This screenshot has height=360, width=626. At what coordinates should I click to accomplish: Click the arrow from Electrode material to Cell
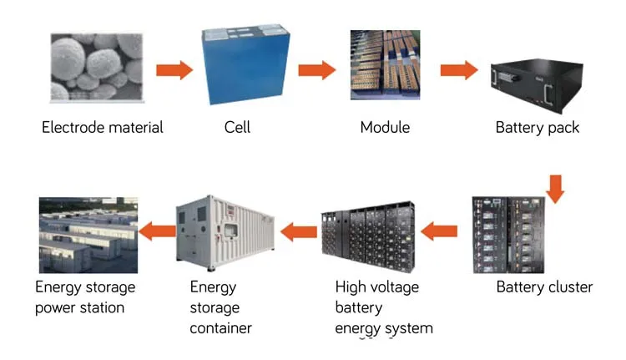pyautogui.click(x=174, y=69)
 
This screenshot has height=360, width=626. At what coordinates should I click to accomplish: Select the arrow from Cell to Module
pyautogui.click(x=316, y=69)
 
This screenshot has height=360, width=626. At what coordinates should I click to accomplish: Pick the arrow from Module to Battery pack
pyautogui.click(x=457, y=69)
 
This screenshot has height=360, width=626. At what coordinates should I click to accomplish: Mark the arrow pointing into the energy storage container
pyautogui.click(x=297, y=226)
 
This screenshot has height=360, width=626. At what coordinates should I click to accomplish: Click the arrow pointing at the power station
pyautogui.click(x=156, y=227)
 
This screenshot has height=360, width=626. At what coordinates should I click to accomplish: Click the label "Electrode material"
pyautogui.click(x=103, y=128)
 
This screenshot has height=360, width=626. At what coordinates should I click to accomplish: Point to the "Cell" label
pyautogui.click(x=237, y=128)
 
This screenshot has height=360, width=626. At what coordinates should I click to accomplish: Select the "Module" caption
pyautogui.click(x=385, y=128)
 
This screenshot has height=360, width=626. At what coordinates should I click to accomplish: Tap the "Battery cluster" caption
pyautogui.click(x=544, y=287)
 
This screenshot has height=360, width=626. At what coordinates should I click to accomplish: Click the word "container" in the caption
pyautogui.click(x=220, y=327)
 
